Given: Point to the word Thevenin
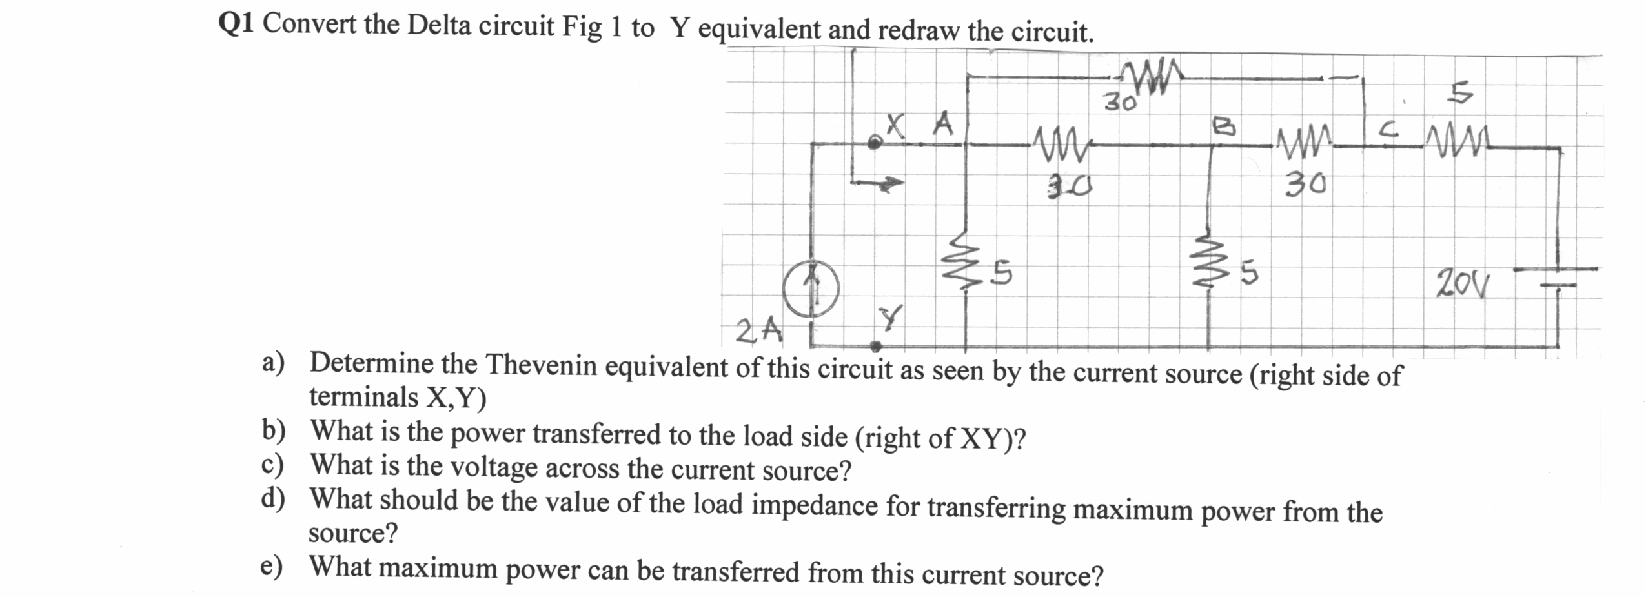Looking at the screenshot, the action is (x=540, y=366).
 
